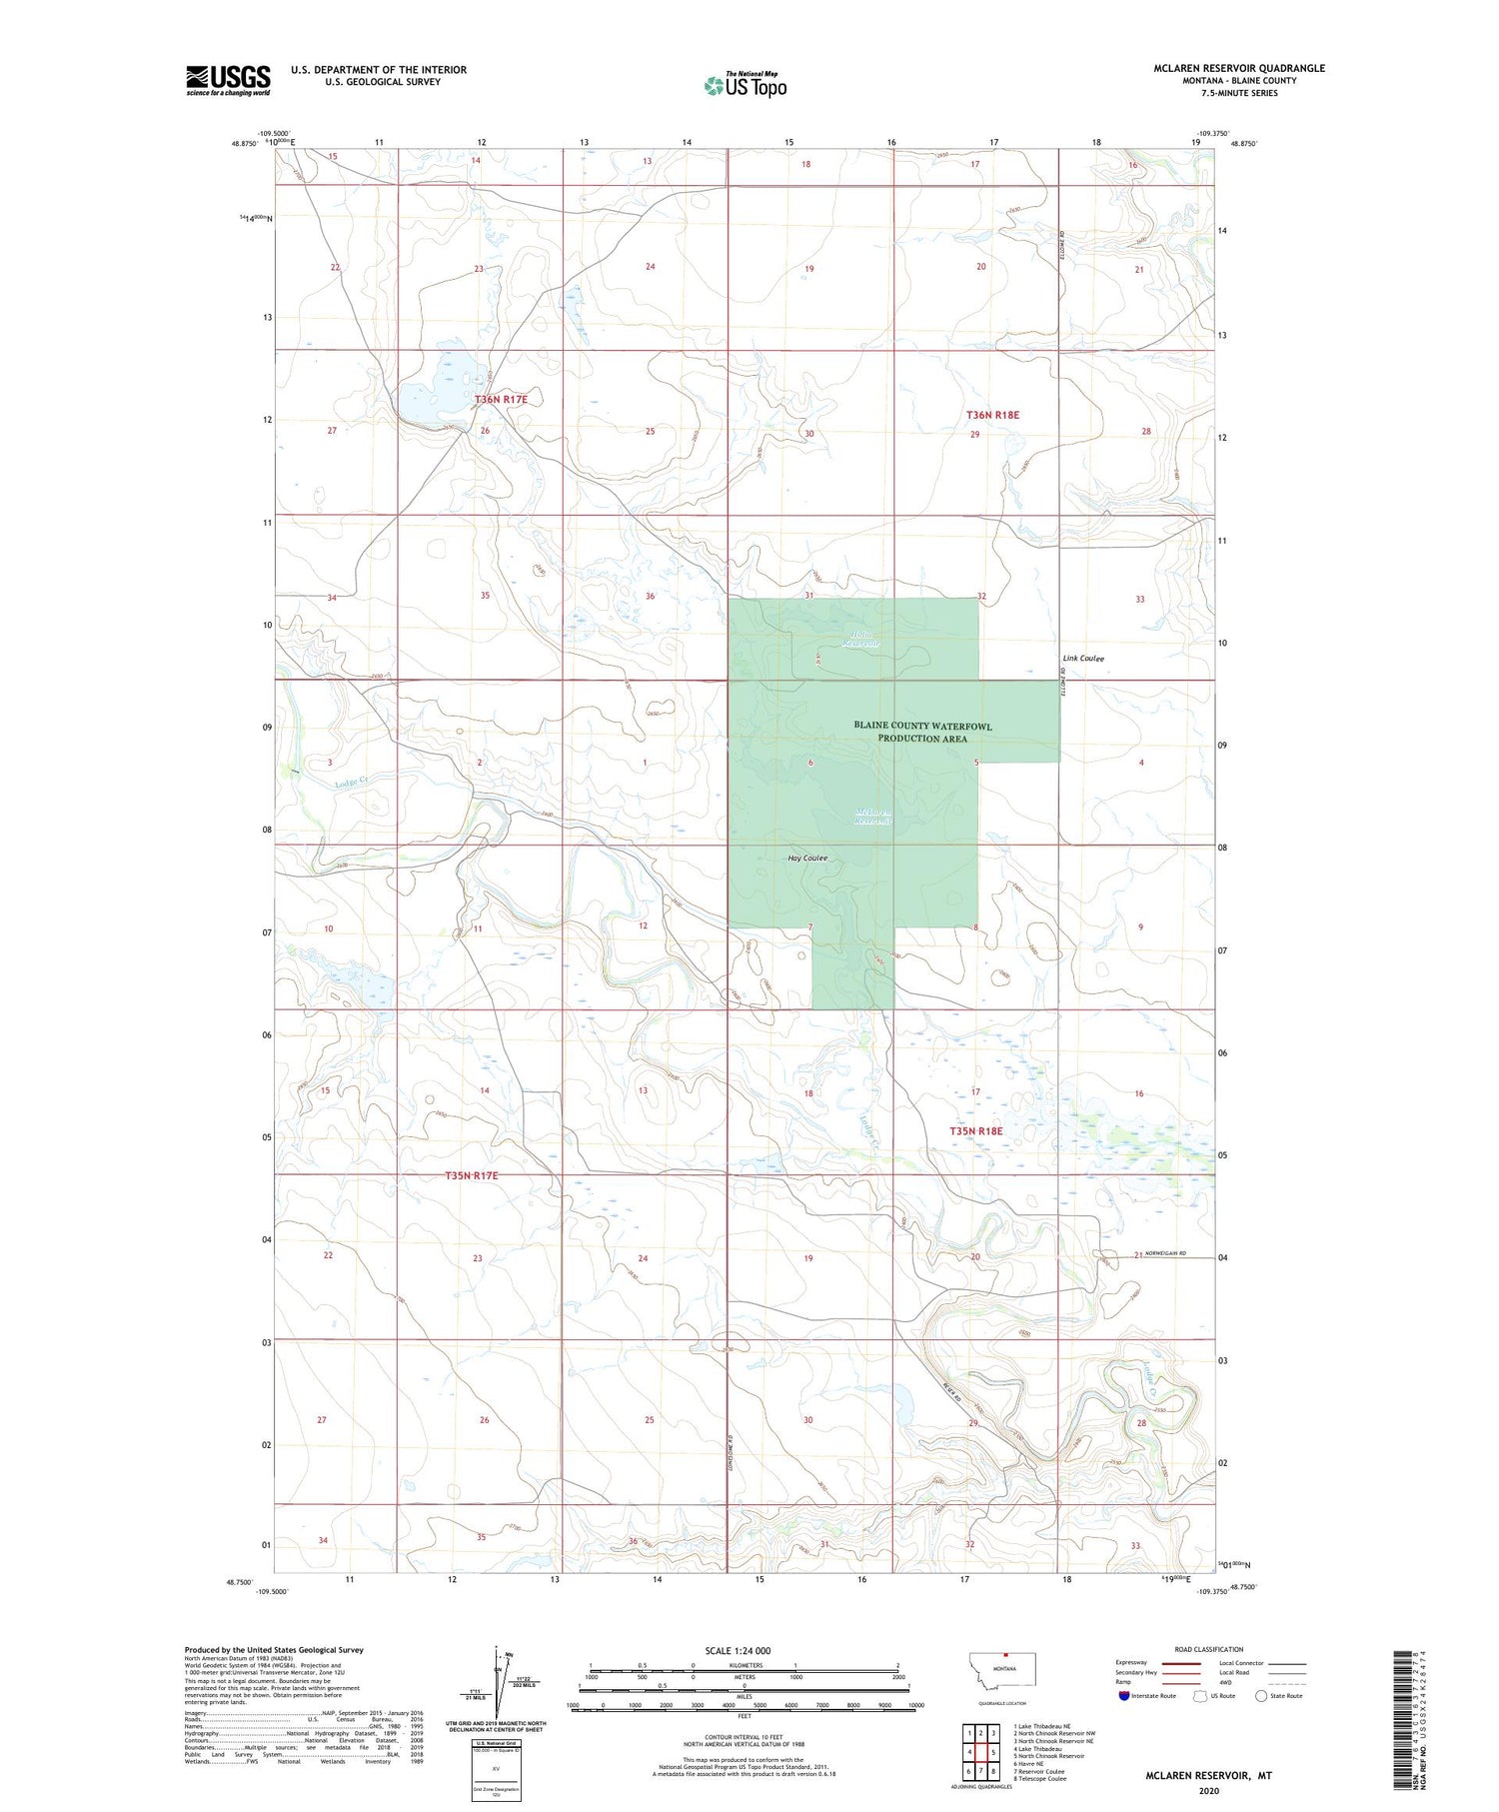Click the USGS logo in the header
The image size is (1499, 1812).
[x=228, y=80]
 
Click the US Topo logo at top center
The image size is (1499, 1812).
[x=746, y=85]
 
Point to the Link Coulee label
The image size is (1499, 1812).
[x=1083, y=659]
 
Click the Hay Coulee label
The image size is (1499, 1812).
[x=807, y=859]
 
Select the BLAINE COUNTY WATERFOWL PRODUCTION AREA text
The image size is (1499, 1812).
[x=922, y=732]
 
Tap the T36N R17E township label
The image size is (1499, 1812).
[x=501, y=399]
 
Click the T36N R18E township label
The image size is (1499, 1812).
[x=992, y=414]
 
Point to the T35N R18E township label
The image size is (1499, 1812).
[x=975, y=1130]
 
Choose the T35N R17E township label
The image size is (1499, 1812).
[x=471, y=1175]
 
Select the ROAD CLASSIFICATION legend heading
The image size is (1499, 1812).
[x=1208, y=1649]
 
